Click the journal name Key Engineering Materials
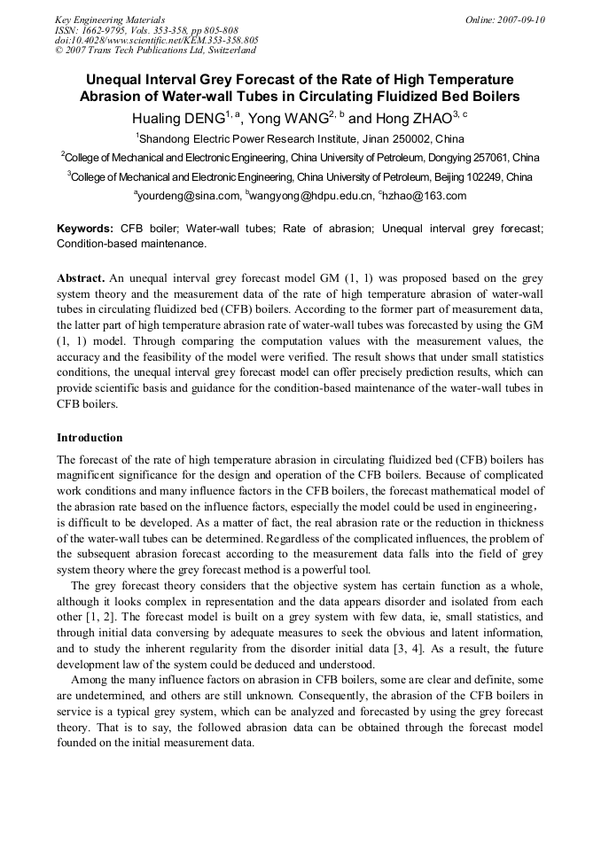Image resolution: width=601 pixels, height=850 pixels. [x=110, y=19]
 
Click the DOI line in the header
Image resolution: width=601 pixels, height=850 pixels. [x=157, y=40]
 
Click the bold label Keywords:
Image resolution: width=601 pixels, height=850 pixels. [x=85, y=228]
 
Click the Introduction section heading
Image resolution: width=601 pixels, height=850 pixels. [x=90, y=438]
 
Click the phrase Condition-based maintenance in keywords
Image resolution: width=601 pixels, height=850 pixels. [x=130, y=243]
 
